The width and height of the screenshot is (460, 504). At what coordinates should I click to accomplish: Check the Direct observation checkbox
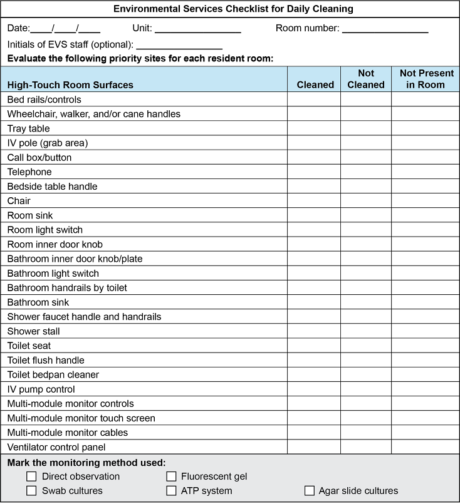click(x=31, y=476)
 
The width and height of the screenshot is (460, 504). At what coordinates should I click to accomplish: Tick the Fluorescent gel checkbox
click(x=171, y=476)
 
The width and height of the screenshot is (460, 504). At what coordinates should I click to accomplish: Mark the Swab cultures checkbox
click(x=31, y=491)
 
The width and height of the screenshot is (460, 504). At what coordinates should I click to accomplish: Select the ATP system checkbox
click(x=171, y=491)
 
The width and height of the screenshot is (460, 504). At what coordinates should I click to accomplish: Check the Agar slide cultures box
click(x=309, y=491)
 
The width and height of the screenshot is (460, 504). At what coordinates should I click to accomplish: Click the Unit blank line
click(x=197, y=29)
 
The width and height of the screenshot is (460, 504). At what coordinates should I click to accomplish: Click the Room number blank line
click(x=385, y=29)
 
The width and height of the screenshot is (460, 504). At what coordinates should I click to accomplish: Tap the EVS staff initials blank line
click(x=179, y=46)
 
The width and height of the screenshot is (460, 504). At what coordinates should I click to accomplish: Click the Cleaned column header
click(x=315, y=85)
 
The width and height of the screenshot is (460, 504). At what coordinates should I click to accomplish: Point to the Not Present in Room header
click(x=426, y=79)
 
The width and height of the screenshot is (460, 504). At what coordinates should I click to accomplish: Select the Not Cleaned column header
click(x=366, y=79)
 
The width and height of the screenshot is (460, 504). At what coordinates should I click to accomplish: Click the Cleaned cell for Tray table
click(x=314, y=128)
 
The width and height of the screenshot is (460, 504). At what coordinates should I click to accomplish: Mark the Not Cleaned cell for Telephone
click(x=366, y=172)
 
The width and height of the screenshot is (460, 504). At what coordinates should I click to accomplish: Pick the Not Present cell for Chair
click(x=426, y=201)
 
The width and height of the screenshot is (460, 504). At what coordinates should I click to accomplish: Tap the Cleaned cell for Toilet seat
click(x=314, y=346)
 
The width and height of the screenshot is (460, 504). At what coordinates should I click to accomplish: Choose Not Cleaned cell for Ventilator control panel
click(x=366, y=447)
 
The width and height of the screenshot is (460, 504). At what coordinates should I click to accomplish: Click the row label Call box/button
click(x=39, y=157)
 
